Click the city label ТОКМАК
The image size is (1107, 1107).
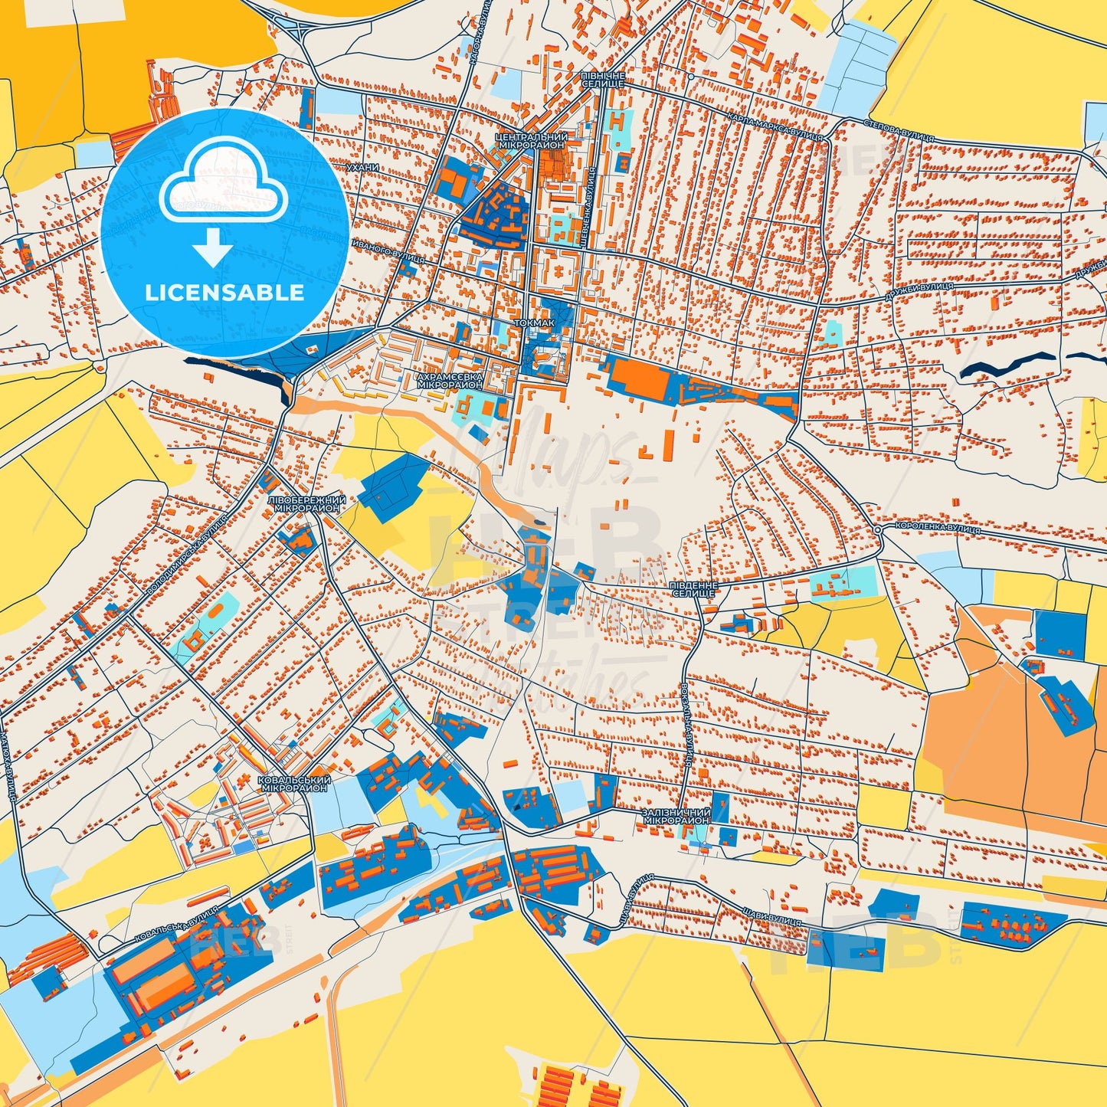click(534, 323)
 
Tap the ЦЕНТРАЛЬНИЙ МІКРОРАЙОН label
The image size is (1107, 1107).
click(532, 140)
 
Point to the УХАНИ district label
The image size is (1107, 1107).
click(362, 167)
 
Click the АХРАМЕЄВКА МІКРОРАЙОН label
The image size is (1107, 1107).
click(450, 382)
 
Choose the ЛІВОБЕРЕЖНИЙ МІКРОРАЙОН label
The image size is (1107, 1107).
click(306, 504)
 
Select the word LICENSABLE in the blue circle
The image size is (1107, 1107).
click(224, 292)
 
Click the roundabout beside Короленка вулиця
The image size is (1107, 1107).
click(878, 530)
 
